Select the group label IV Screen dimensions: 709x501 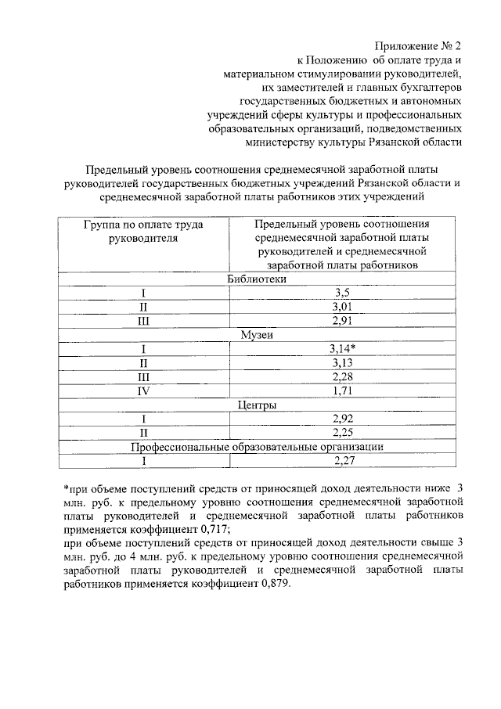(143, 391)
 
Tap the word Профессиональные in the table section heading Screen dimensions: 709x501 (179, 447)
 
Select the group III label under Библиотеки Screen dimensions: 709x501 (143, 321)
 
